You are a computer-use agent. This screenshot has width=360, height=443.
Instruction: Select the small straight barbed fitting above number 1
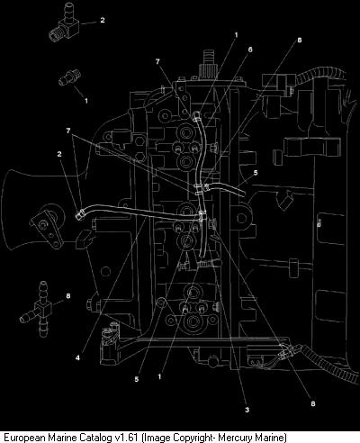(70, 77)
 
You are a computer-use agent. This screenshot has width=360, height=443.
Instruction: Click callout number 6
(250, 50)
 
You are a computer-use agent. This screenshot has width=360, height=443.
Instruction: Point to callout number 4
(77, 357)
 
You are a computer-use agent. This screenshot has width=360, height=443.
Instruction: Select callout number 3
(247, 410)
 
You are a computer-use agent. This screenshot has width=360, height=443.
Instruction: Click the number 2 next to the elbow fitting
(103, 20)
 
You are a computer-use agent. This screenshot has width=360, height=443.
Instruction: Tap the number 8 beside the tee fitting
(68, 296)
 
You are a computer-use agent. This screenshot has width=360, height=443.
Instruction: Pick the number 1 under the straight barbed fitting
(86, 101)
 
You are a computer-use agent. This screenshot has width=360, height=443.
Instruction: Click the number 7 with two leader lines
(68, 131)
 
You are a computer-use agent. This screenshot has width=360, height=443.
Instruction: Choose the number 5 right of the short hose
(256, 173)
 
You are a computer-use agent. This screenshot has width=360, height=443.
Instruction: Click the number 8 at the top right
(299, 40)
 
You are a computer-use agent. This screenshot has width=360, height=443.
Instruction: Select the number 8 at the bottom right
(313, 403)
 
